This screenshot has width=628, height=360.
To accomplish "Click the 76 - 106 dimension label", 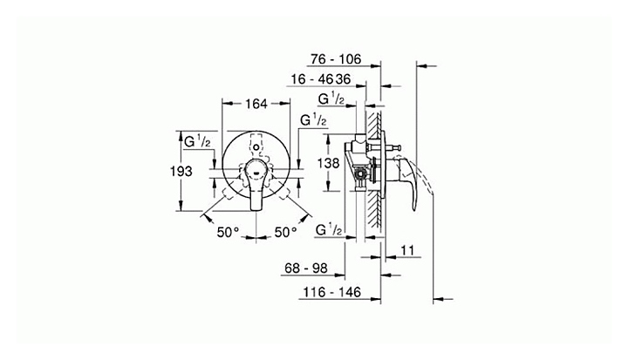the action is pyautogui.click(x=336, y=59).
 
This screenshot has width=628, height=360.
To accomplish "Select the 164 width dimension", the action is pyautogui.click(x=256, y=104).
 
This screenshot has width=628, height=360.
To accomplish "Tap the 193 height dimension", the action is pyautogui.click(x=181, y=172).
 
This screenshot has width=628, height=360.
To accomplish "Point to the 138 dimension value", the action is pyautogui.click(x=329, y=163).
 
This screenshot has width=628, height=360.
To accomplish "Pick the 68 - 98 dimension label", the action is pyautogui.click(x=306, y=268).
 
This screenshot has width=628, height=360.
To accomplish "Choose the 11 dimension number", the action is pyautogui.click(x=407, y=250).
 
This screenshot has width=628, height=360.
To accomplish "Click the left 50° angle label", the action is pyautogui.click(x=228, y=232).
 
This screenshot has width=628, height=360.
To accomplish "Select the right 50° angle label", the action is pyautogui.click(x=285, y=232).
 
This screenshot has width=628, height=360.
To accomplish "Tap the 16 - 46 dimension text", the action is pyautogui.click(x=312, y=79).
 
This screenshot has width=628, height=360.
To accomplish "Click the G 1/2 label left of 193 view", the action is pyautogui.click(x=197, y=141).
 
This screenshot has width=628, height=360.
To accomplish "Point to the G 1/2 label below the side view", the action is pyautogui.click(x=329, y=230).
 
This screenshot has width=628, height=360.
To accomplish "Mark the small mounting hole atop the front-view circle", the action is pyautogui.click(x=256, y=147).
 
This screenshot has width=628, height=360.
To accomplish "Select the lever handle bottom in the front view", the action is pyautogui.click(x=256, y=205).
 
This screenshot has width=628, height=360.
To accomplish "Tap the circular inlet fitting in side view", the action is pyautogui.click(x=360, y=174).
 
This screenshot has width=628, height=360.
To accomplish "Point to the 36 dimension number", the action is pyautogui.click(x=343, y=79).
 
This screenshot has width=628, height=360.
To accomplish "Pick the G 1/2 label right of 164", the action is pyautogui.click(x=313, y=119).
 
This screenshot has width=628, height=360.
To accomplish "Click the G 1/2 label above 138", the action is pyautogui.click(x=331, y=98).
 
